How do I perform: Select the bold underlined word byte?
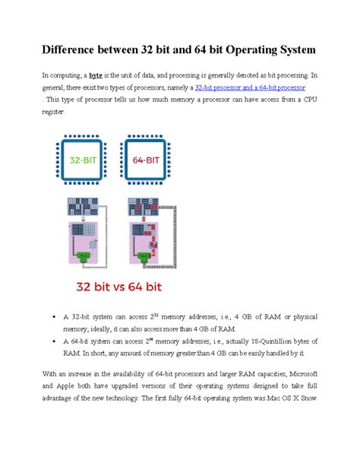point(96,76)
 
